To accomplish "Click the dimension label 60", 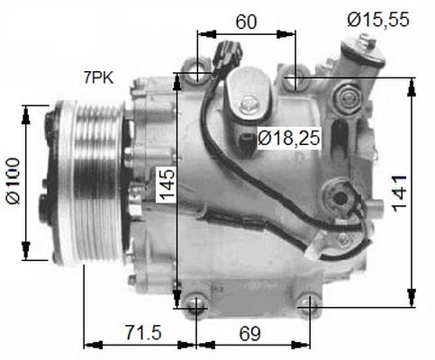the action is point(247,22).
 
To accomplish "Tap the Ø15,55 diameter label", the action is point(378,20).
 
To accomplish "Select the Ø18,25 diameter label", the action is point(289,139).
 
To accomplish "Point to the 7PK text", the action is point(99,78).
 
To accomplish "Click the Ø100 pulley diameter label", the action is point(14,181).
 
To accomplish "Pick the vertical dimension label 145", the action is point(167,184).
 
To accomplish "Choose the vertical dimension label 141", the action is point(399,193).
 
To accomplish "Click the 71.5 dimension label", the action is point(143,333).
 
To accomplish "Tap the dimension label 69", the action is point(250,333).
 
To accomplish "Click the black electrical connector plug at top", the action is point(227,57).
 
